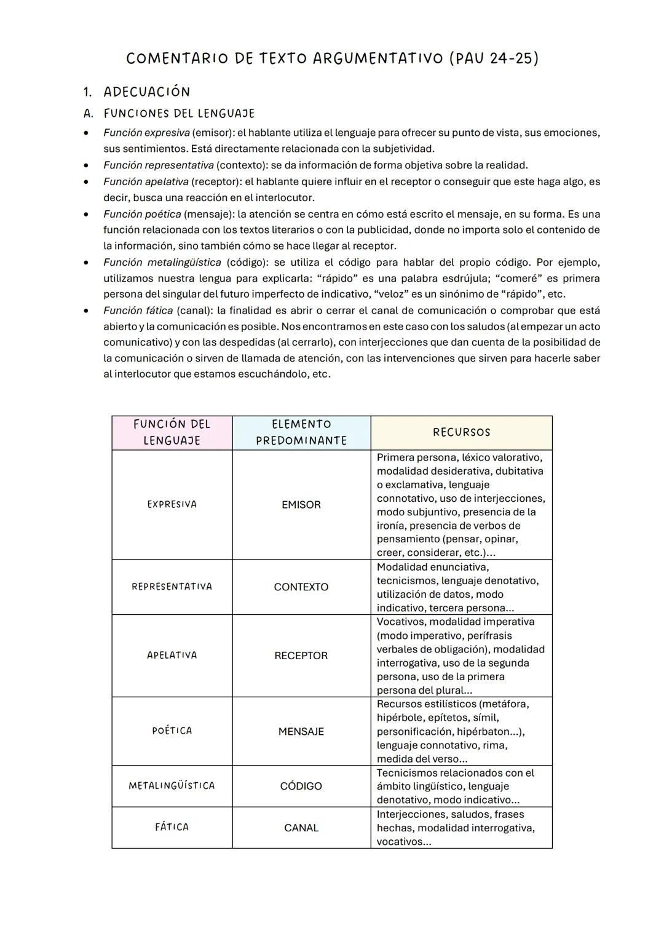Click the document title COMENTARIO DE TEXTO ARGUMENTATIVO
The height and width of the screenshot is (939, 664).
click(x=332, y=58)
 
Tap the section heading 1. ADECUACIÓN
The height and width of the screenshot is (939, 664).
click(x=136, y=92)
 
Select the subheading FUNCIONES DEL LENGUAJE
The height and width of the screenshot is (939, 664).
click(x=178, y=114)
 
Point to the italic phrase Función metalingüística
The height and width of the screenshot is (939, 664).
click(x=162, y=263)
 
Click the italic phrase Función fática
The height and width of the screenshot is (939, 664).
click(x=138, y=311)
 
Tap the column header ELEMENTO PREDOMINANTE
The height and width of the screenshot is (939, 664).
click(x=301, y=432)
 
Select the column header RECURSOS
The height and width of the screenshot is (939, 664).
click(x=461, y=432)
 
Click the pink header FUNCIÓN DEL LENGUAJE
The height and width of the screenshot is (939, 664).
click(x=172, y=432)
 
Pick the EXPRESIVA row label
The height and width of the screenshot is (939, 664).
click(x=172, y=504)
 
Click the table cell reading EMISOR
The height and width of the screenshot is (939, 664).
click(x=301, y=505)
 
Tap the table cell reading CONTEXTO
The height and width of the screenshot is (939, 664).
click(x=301, y=587)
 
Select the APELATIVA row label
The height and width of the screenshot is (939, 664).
click(x=172, y=656)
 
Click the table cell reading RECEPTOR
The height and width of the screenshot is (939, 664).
click(x=301, y=656)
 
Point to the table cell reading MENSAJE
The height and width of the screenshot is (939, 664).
click(x=301, y=732)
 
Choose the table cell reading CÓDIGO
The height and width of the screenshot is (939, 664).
click(x=301, y=786)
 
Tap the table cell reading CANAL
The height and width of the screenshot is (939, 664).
click(x=301, y=828)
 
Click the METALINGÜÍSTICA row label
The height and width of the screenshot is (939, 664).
click(x=172, y=786)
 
